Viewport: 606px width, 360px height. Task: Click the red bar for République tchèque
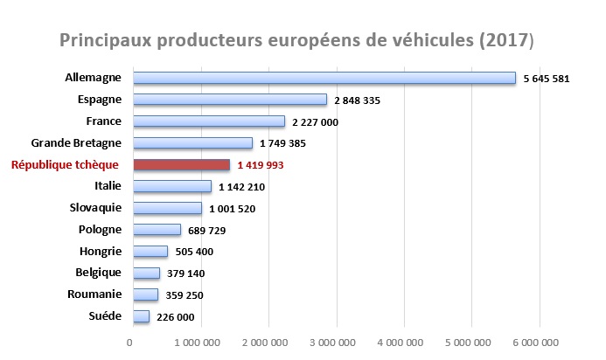coord(181,164)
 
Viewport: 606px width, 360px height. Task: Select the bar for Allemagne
coord(324,79)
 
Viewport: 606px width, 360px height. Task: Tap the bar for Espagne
coord(229,100)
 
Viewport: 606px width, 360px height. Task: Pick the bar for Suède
coord(140,316)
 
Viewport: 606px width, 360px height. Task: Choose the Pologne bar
coord(157,230)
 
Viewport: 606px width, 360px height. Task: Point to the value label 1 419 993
coord(260,165)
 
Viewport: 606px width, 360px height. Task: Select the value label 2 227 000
coord(314,122)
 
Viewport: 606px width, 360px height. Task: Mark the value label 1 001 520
coord(232,209)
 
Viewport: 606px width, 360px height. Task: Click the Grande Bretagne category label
coord(77,142)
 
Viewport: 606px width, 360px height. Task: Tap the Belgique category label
coord(96,272)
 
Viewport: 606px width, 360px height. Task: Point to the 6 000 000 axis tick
coord(539,342)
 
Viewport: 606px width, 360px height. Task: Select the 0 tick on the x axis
coord(130,342)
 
